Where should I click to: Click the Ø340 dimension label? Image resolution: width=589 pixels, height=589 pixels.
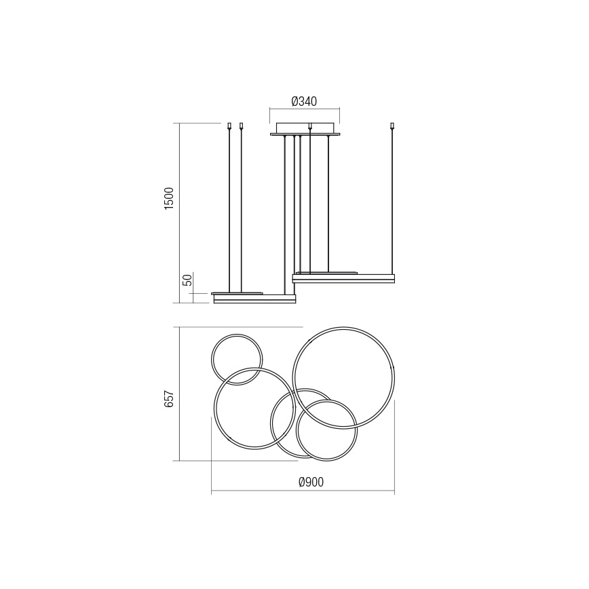[304, 102]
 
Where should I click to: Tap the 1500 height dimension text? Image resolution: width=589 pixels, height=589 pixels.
[170, 198]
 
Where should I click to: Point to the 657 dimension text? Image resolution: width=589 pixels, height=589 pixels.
[170, 398]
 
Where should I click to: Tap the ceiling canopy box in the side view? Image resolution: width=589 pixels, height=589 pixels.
[305, 128]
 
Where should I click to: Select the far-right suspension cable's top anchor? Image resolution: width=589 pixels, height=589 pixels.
[392, 126]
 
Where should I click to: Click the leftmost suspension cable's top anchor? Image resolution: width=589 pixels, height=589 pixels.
[229, 126]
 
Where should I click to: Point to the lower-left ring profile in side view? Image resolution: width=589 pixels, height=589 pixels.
[254, 299]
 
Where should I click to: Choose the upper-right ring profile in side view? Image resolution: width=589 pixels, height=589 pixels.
[343, 278]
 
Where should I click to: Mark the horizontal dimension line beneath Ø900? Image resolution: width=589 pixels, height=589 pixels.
[303, 491]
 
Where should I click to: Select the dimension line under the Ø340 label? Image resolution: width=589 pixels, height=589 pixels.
[305, 109]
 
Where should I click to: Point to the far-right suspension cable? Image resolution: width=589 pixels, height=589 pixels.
[392, 204]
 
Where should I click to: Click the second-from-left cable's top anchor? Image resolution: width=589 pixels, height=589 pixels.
[242, 126]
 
